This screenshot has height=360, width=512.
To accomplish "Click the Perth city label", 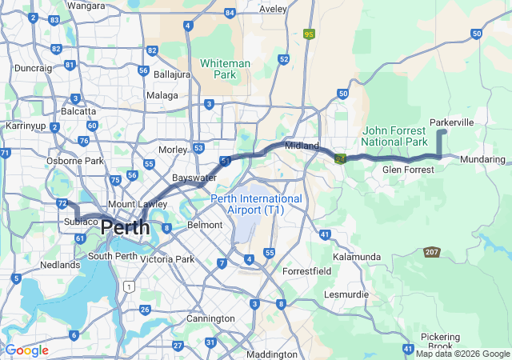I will click(x=125, y=227).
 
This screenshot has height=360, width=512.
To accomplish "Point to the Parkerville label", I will click(x=452, y=122).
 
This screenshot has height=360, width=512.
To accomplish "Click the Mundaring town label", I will click(x=483, y=160).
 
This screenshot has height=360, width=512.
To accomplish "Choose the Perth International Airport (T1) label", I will click(x=256, y=204).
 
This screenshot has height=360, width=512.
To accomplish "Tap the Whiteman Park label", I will click(x=225, y=69).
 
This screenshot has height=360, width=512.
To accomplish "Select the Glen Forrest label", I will click(x=408, y=170).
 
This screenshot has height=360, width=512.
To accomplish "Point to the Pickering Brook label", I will click(x=440, y=342).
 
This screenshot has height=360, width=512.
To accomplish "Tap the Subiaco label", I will click(x=81, y=221).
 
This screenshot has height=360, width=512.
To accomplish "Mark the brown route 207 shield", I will click(x=433, y=251).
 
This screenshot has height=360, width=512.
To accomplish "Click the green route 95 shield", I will click(x=310, y=34).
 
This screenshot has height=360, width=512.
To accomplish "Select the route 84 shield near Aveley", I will click(x=230, y=13).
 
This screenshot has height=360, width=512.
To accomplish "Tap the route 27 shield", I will click(x=178, y=346).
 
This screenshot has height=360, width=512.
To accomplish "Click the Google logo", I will click(x=26, y=350).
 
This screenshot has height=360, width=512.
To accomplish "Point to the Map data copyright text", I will click(x=462, y=354).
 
